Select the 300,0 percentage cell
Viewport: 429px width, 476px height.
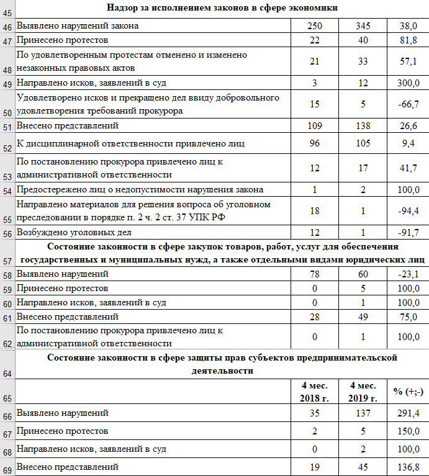408,83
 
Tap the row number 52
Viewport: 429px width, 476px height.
7,148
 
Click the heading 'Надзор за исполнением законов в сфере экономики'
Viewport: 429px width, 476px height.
222,8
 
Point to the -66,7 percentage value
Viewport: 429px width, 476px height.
408,104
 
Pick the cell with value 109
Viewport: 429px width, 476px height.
315,126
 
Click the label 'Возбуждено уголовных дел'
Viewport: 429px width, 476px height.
74,233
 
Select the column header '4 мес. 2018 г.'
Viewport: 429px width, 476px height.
315,392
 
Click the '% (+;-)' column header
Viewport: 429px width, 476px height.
408,392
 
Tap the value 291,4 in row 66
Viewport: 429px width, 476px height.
408,413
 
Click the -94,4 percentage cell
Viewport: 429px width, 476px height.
408,210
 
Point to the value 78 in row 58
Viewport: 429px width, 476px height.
315,274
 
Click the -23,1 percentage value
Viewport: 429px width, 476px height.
408,274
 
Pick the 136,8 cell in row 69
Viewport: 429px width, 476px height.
408,467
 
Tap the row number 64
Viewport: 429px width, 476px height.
7,373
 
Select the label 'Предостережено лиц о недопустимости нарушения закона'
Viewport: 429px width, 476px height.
140,189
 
